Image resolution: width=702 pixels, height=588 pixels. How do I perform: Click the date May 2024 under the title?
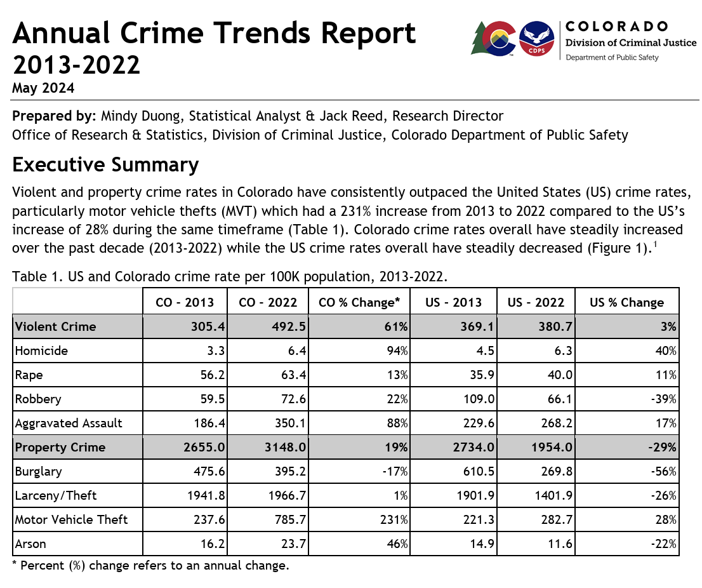coord(43,88)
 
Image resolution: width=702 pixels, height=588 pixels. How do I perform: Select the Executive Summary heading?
coord(105,165)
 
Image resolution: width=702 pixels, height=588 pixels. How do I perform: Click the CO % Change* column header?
coord(359,302)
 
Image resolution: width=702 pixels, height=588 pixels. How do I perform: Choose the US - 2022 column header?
coord(535,302)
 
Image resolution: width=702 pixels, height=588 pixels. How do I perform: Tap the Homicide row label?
coord(41,351)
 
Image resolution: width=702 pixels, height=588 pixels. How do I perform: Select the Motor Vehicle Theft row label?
coord(71,519)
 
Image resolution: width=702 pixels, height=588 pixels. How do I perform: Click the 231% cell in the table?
coord(395,519)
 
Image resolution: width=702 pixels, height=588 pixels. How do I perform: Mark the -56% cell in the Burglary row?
coord(664,471)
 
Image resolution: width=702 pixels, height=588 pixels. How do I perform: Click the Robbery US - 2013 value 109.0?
coord(477,399)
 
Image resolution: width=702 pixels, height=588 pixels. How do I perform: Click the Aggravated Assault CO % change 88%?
coord(397,423)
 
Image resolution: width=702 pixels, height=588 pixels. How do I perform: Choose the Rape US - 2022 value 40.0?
coord(559,375)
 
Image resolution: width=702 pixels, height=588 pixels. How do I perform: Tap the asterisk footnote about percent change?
coord(151,565)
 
